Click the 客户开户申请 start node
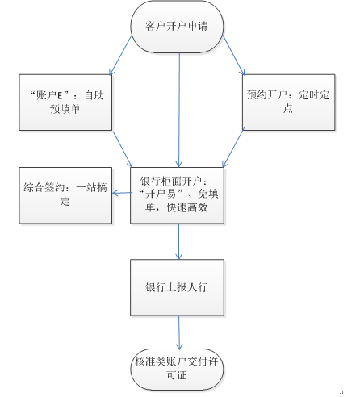[177, 27]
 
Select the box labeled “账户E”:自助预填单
[65, 102]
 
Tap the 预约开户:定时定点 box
[288, 102]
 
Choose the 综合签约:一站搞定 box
[65, 195]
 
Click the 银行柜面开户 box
[177, 195]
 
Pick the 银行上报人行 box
[177, 287]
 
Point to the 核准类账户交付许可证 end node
[177, 369]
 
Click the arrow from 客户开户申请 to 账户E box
[120, 55]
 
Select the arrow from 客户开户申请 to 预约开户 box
[233, 55]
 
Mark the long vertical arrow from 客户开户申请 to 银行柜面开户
[179, 110]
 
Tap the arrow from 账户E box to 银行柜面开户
[123, 149]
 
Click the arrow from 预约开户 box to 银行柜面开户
[232, 148]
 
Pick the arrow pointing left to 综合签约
[123, 193]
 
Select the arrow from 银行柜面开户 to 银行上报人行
[179, 241]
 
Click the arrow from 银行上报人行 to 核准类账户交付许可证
[179, 332]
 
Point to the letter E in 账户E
[60, 95]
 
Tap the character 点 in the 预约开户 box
[288, 108]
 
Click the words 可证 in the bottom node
[177, 375]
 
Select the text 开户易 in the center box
[161, 194]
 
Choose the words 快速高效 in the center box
[187, 207]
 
